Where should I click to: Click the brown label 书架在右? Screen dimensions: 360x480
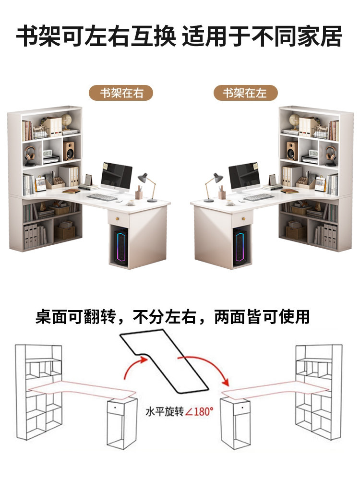pos(121,93)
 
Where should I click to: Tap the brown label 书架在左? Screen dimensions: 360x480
pos(246,93)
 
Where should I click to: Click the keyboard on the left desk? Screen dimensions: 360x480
pos(102,197)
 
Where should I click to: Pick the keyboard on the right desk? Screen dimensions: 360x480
pos(258,197)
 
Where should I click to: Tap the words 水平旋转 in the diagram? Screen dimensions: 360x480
pos(165,412)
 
